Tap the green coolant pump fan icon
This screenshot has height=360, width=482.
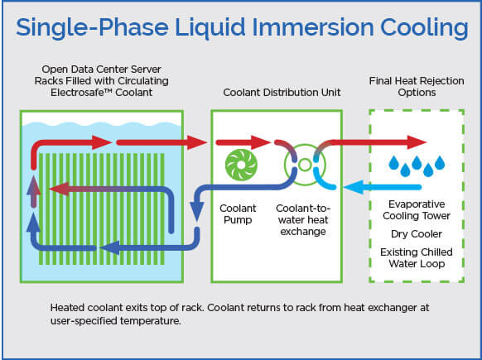point(241,164)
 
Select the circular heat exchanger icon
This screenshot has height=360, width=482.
point(303,165)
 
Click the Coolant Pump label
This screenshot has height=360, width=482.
point(240,214)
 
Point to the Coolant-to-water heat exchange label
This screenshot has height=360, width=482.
point(303,219)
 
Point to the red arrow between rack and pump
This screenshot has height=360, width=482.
point(182,142)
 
